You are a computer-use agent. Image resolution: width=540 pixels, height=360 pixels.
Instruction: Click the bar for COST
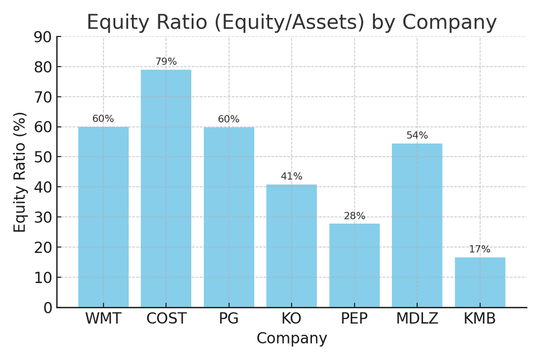[166, 188]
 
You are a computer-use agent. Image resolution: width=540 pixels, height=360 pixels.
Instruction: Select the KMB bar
[480, 282]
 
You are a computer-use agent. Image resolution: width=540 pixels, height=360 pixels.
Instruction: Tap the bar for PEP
[354, 265]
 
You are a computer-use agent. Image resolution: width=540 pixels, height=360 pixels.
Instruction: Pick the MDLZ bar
[417, 225]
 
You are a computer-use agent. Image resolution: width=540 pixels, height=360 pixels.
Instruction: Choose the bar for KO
[292, 246]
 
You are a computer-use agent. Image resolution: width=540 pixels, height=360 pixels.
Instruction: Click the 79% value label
[166, 62]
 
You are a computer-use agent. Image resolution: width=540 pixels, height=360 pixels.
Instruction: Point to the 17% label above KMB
[480, 249]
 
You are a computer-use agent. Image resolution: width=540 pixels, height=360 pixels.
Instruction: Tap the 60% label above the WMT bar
[103, 119]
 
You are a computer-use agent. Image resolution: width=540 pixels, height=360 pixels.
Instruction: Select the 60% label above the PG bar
[229, 119]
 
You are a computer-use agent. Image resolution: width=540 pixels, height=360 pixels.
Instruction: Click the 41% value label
[292, 176]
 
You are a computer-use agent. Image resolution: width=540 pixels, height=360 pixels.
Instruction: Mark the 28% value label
[354, 216]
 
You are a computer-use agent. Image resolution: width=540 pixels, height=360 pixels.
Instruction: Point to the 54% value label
[417, 135]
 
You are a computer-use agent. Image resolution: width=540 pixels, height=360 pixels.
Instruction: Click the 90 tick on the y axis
[43, 37]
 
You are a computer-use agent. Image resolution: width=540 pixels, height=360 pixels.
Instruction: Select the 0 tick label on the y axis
[48, 308]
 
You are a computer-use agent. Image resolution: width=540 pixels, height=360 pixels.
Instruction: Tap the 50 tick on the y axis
[43, 158]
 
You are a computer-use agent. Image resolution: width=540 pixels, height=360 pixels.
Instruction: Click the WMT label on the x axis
[103, 319]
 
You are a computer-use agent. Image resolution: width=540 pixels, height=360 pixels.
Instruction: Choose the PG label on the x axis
[229, 319]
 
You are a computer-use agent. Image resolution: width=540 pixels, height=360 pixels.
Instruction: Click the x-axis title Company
[292, 338]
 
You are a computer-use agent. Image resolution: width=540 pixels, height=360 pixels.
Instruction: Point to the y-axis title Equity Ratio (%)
[20, 172]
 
